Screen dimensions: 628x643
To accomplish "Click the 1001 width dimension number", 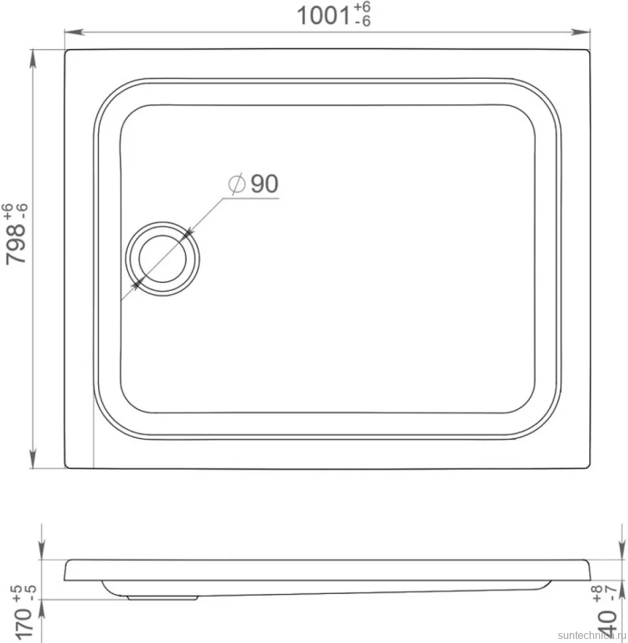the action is pos(323,16).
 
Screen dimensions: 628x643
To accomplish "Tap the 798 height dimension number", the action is pos(16,243).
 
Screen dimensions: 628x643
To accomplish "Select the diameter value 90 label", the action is pos(264,184).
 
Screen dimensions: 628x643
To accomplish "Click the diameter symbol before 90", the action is pos(237,183).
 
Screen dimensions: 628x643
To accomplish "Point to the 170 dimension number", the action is pos(23,624).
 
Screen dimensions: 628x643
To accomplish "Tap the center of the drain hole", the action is pos(163,259).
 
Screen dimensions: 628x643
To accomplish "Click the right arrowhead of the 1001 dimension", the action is pos(580,32).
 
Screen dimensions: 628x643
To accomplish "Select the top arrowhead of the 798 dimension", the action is pos(33,59).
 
